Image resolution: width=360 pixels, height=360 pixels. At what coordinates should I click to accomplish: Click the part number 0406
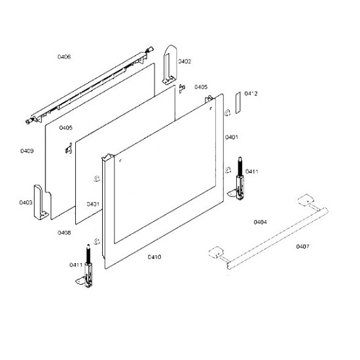coord(64,57)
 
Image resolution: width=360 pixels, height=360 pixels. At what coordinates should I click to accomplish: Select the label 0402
coord(185,62)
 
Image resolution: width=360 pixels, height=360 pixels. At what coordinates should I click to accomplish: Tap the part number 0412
coord(251,94)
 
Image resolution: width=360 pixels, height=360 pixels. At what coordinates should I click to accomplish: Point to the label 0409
coord(27,151)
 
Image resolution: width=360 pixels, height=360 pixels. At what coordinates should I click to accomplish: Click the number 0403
coord(26,202)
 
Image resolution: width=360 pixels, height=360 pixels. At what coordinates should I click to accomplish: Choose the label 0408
coord(64,232)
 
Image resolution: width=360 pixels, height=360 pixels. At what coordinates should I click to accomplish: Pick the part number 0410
coord(154,257)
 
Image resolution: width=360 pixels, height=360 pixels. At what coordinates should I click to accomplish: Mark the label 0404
coord(260,222)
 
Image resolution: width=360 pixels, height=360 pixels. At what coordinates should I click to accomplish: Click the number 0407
coord(302,247)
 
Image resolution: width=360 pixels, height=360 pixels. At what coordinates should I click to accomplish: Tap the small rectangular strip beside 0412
coord(238,102)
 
